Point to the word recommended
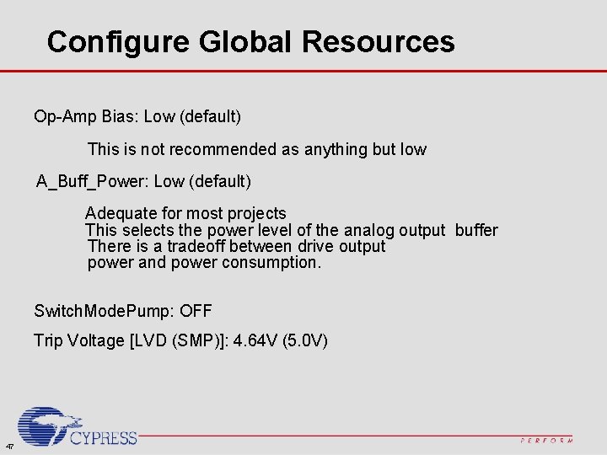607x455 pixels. click(223, 150)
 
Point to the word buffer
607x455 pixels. click(476, 230)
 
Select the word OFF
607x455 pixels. click(196, 312)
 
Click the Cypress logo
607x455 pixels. click(76, 427)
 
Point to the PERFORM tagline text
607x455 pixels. click(547, 441)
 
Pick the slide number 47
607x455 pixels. click(8, 446)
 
